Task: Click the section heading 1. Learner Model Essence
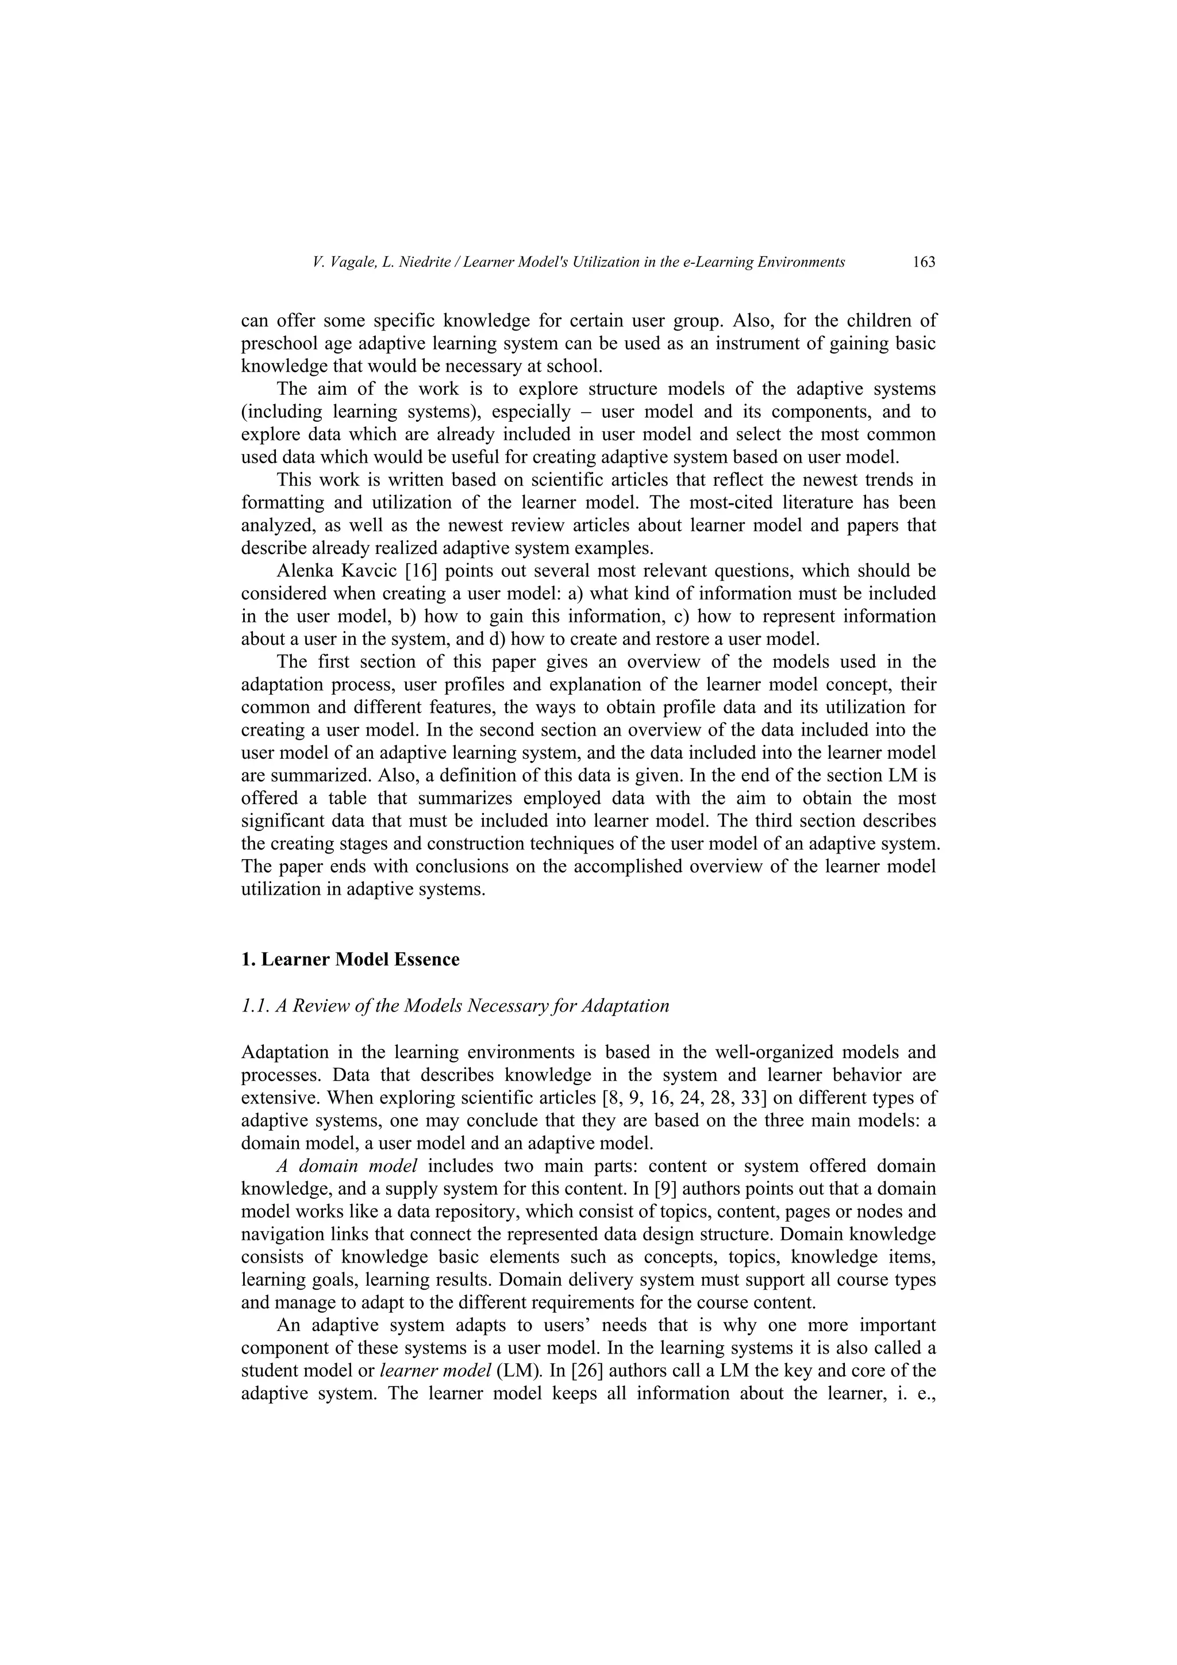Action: [x=349, y=959]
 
